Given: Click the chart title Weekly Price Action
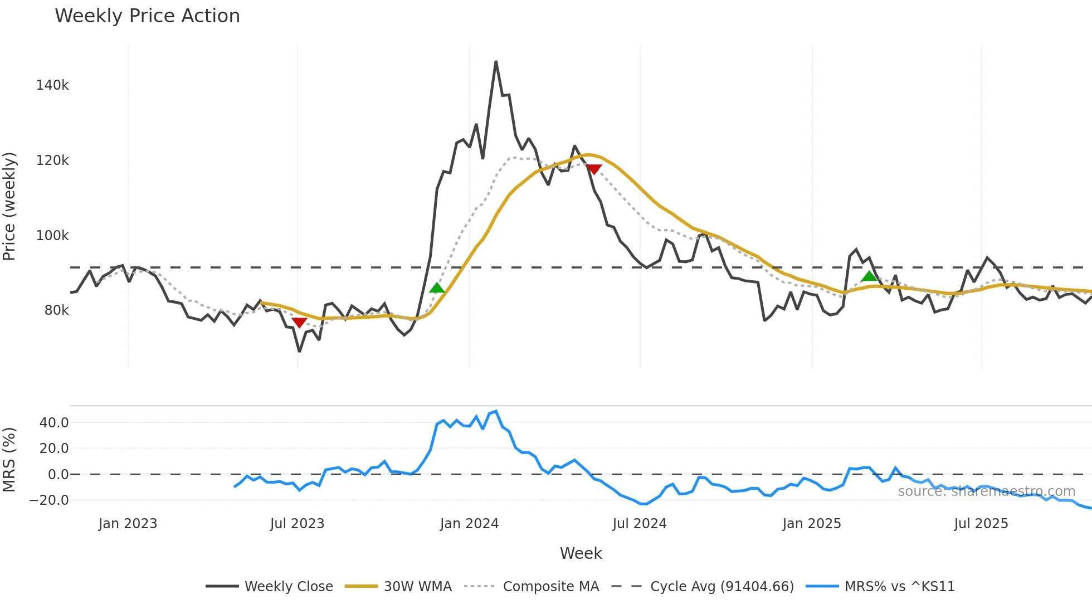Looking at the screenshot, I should (x=147, y=16).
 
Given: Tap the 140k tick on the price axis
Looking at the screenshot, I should (x=52, y=85).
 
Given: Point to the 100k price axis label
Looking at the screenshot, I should (x=52, y=236).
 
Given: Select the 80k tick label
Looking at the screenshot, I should (x=56, y=310).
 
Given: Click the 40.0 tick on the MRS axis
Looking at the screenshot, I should (x=54, y=423).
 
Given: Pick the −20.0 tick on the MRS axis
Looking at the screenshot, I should (x=49, y=500).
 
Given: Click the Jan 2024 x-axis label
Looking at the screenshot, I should (x=469, y=524).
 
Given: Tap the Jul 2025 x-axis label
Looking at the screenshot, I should (x=981, y=524).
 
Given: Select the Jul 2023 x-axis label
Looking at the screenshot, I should (x=297, y=524).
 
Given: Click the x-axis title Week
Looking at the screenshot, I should (x=581, y=553).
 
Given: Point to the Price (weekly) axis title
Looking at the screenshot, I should (x=9, y=206).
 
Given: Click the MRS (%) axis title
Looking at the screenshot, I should (x=9, y=460).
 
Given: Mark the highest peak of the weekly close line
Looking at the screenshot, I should (x=496, y=62).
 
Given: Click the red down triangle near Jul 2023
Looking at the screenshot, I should (x=299, y=323).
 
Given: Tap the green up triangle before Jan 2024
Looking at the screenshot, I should (x=437, y=288).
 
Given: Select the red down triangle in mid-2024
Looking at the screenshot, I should (x=594, y=169).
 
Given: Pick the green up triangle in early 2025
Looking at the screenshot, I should (x=869, y=276).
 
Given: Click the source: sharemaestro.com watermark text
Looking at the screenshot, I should (x=986, y=491).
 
